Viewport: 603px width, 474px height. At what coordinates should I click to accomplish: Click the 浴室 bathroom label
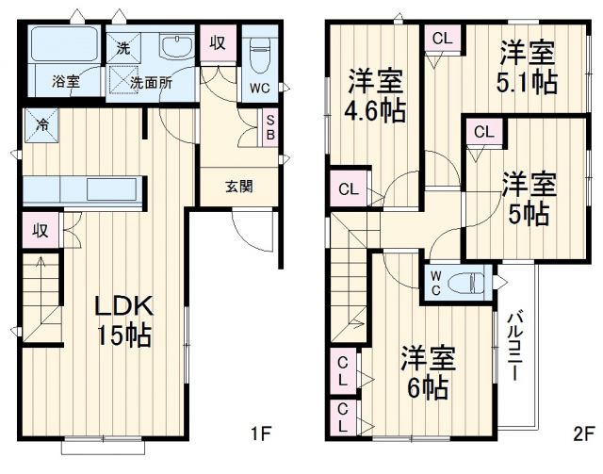[x=65, y=82]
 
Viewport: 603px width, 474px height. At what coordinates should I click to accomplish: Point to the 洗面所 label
[x=151, y=82]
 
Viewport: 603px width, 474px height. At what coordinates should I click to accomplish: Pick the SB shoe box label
[x=271, y=126]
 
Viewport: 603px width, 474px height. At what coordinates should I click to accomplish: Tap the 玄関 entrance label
[x=236, y=186]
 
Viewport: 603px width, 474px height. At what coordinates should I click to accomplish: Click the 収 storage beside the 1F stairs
[x=40, y=229]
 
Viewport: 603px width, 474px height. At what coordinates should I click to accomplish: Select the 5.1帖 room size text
[x=528, y=82]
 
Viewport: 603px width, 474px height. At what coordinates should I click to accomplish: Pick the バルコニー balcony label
[x=517, y=345]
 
